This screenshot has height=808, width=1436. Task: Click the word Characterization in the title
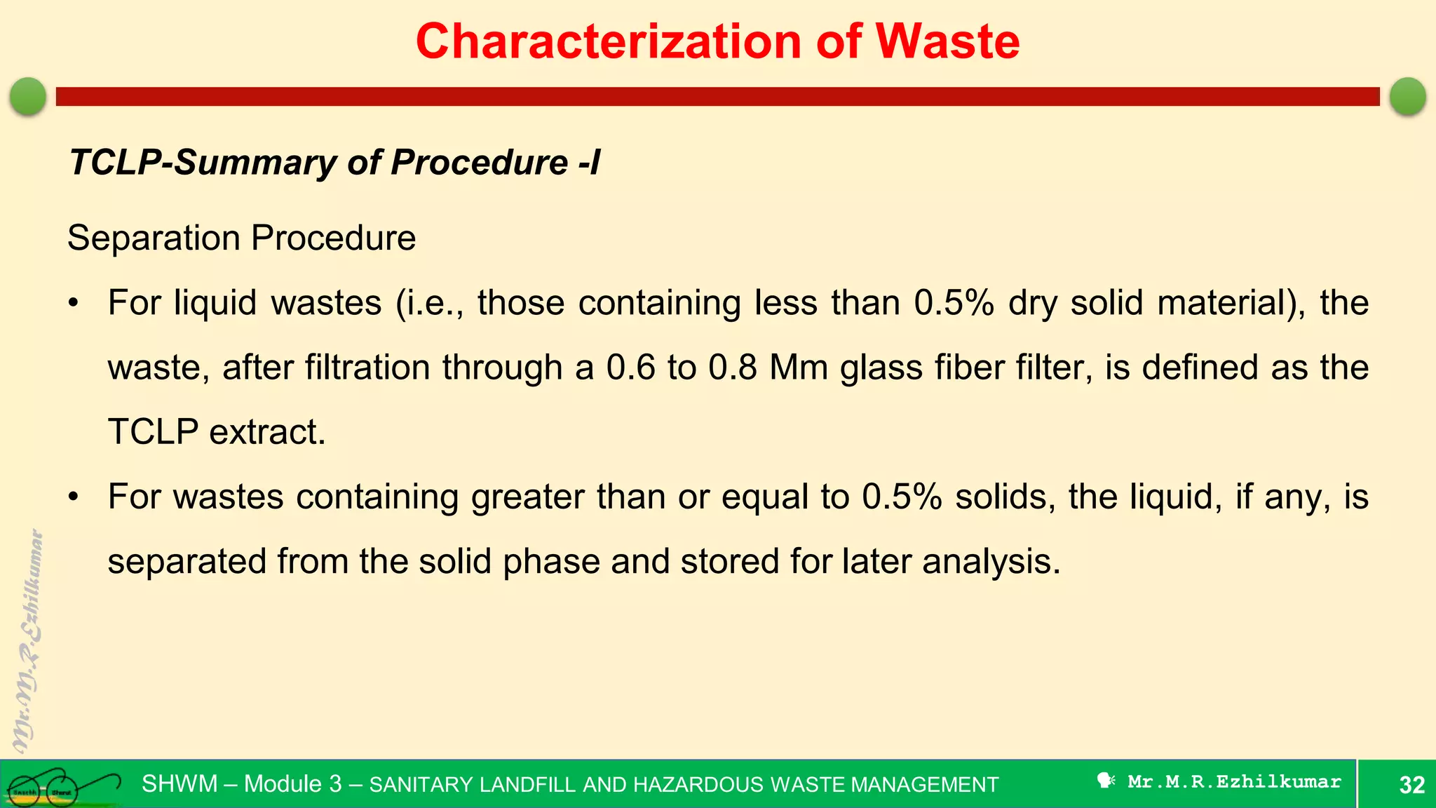pos(609,42)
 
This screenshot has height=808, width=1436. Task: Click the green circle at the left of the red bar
pos(28,96)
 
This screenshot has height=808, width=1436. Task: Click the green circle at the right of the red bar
pos(1408,96)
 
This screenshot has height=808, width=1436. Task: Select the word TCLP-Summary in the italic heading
pos(203,163)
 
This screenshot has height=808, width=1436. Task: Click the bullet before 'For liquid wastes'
pos(74,304)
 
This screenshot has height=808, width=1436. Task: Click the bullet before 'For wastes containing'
pos(74,498)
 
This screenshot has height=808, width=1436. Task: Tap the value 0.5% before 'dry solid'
pos(954,304)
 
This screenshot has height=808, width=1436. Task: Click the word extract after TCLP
pos(267,433)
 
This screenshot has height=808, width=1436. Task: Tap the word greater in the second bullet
pos(528,497)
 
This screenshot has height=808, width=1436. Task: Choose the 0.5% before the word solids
pos(902,497)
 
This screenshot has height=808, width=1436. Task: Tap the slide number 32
pos(1411,785)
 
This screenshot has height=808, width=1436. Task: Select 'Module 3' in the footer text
pos(293,784)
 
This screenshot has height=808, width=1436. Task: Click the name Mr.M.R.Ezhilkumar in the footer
pos(1234,782)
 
